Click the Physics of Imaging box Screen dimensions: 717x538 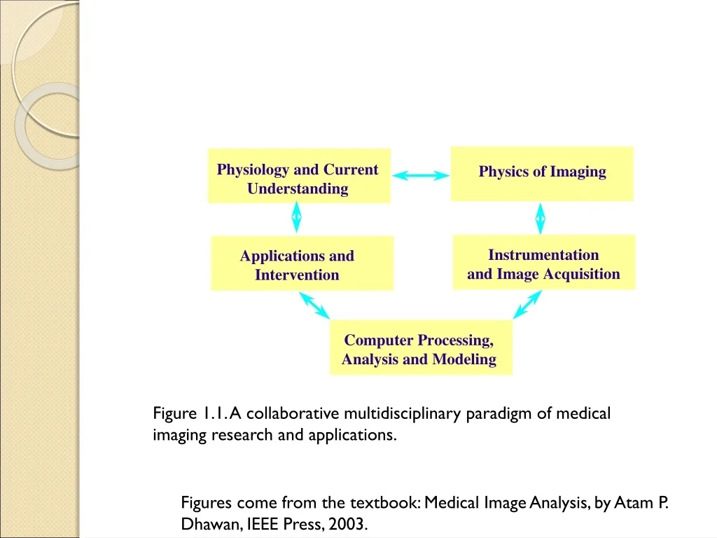pos(542,174)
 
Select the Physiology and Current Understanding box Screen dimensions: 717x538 pos(300,176)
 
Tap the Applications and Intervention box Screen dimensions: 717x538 pos(302,263)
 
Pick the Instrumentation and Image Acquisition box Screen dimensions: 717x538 pos(543,262)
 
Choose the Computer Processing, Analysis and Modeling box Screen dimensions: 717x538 pos(421,347)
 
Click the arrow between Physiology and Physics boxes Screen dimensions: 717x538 pos(421,175)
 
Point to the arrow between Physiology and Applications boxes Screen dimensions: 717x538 pos(296,217)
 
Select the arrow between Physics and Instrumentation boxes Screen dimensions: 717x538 pos(541,219)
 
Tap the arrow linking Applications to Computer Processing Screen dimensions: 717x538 pos(314,305)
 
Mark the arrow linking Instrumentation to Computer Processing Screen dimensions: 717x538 pos(527,305)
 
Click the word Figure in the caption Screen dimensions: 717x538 pos(174,414)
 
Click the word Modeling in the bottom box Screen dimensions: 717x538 pos(464,359)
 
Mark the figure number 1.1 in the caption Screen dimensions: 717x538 pos(213,414)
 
